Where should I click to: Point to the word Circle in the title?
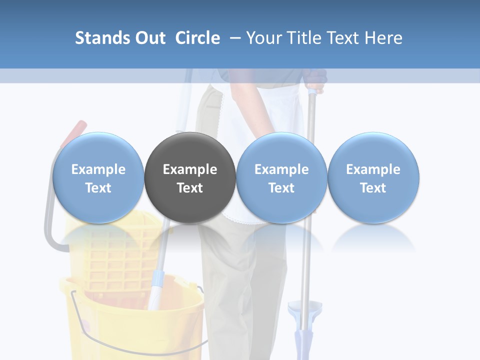[197, 38]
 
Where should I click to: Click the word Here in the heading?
[384, 38]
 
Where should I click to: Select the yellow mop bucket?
[132, 320]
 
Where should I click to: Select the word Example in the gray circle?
[190, 169]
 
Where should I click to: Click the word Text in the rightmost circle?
[373, 188]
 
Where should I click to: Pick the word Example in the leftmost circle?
[98, 169]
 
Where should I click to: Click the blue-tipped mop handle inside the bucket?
[156, 285]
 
